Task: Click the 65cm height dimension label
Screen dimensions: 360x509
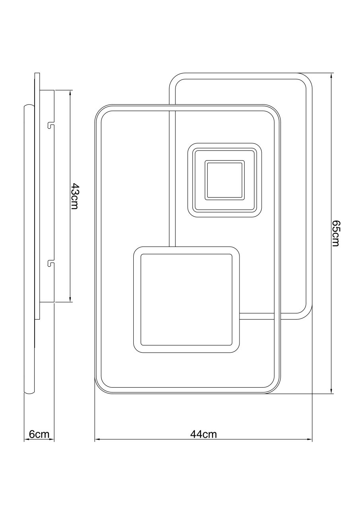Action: pyautogui.click(x=335, y=233)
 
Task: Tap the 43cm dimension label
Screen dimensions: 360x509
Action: pyautogui.click(x=75, y=196)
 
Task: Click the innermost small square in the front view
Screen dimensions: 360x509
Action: pyautogui.click(x=224, y=180)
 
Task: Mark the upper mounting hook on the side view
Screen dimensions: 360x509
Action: pyautogui.click(x=51, y=125)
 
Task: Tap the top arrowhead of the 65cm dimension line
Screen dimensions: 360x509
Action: pyautogui.click(x=331, y=76)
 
